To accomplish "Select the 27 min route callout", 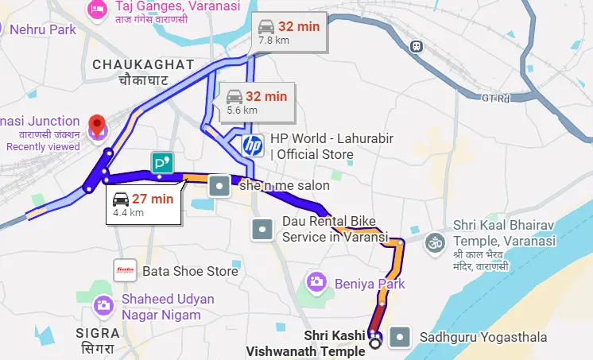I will pyautogui.click(x=144, y=204).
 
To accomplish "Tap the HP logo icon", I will pyautogui.click(x=252, y=145).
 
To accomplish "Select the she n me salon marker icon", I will pyautogui.click(x=219, y=187).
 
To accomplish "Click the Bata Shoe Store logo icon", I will pyautogui.click(x=125, y=271).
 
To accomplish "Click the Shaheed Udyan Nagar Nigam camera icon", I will pyautogui.click(x=103, y=305).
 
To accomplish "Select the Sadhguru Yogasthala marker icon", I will pyautogui.click(x=403, y=337).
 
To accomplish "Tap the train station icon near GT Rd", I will pyautogui.click(x=416, y=46).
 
